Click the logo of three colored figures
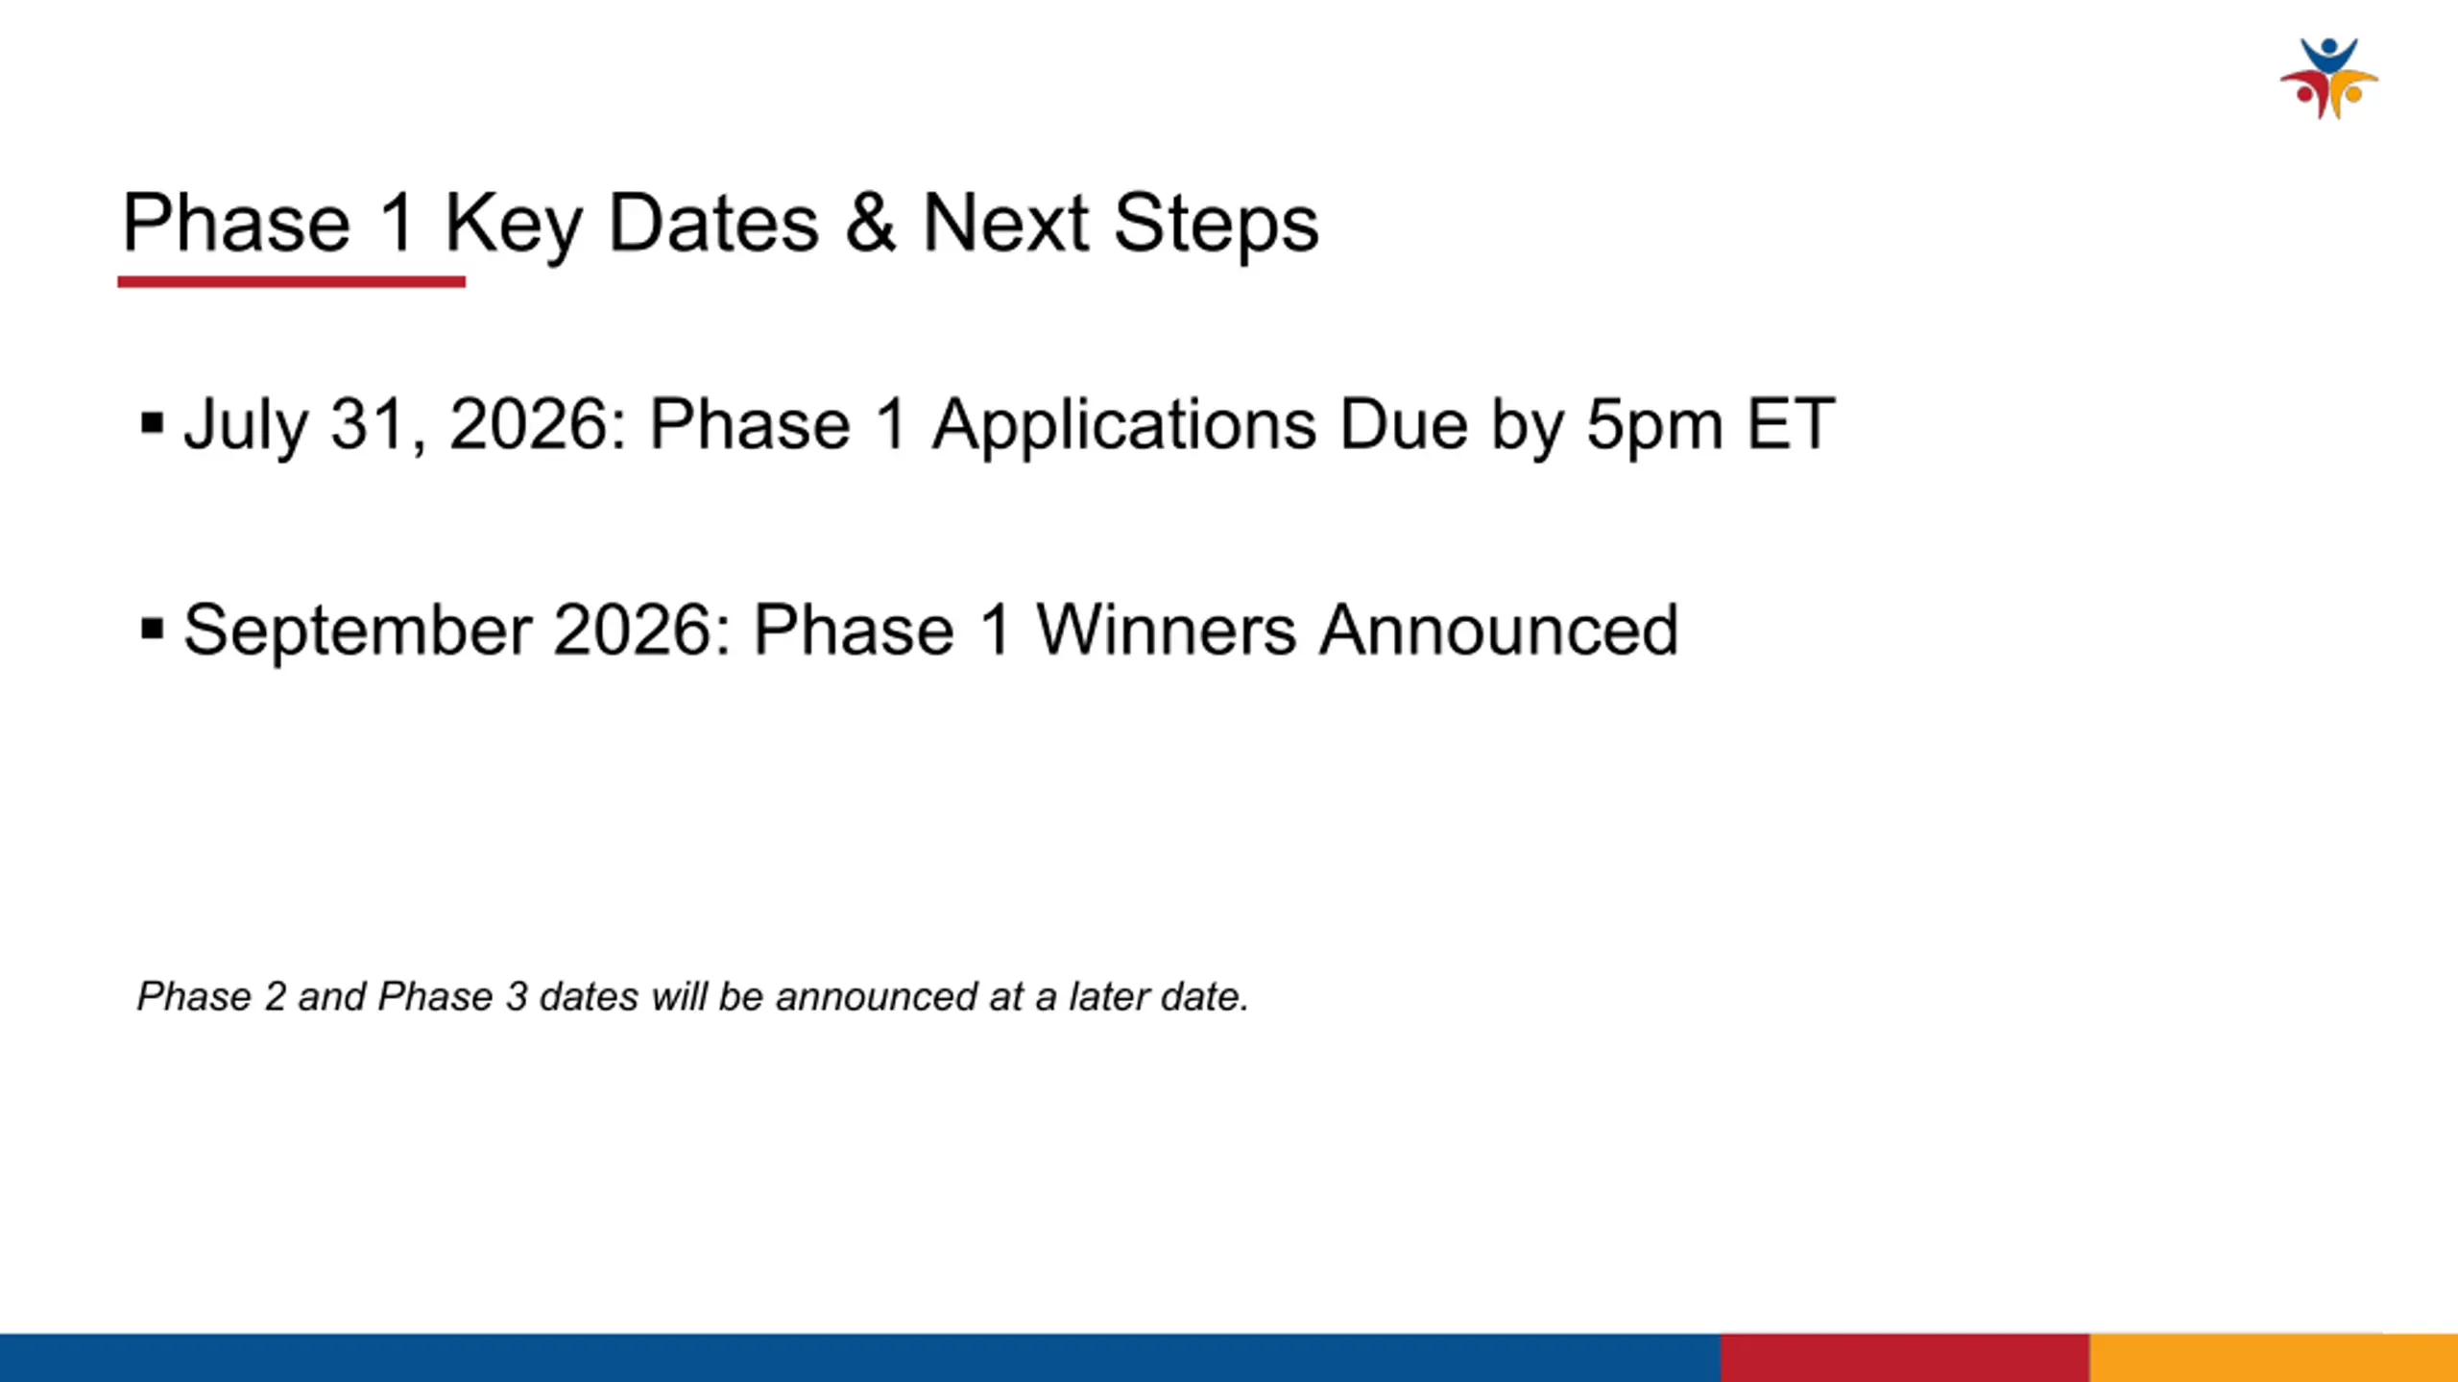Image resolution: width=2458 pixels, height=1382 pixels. coord(2329,79)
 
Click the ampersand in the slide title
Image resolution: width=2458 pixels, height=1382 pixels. coord(871,223)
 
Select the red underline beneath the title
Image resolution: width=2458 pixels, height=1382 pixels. coord(292,281)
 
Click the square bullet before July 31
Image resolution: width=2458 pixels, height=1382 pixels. coord(152,423)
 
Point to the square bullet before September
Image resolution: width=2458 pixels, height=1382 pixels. coord(152,630)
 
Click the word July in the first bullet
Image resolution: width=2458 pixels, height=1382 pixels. coord(247,426)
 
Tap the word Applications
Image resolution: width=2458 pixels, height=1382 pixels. coord(1124,426)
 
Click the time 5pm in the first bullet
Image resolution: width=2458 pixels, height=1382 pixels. coord(1654,426)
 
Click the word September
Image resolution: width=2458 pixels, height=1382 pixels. coord(357,632)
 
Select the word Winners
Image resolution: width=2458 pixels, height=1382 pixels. coord(1166,630)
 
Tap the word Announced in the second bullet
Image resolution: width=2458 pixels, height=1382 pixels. coord(1499,630)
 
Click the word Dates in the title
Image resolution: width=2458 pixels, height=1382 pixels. coord(713,223)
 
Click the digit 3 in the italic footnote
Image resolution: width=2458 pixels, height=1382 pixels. coord(518,996)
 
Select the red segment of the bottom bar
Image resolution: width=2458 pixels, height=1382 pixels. coord(1905,1357)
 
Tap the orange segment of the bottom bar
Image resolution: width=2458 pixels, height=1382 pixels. coord(2274,1357)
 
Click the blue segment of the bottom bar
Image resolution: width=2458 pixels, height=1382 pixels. coord(860,1357)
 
